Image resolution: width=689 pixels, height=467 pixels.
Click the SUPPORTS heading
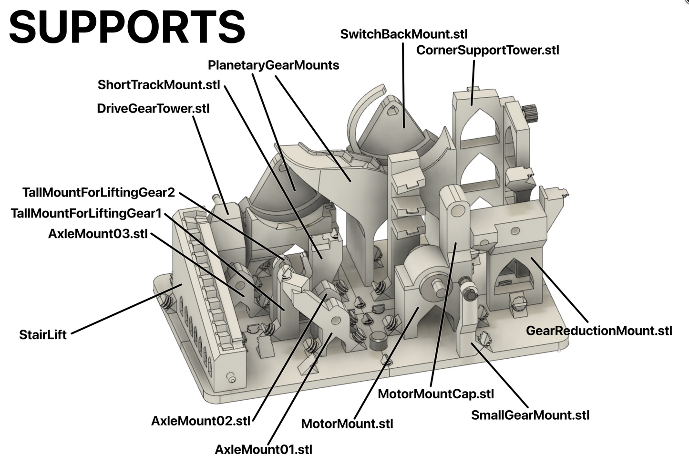[x=127, y=27]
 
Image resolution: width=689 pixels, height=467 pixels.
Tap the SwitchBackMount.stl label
[x=403, y=34]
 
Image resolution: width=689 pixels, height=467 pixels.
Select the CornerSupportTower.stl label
[x=487, y=50]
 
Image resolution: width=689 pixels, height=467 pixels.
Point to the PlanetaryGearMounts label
[x=273, y=65]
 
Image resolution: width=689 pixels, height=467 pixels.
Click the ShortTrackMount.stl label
[x=159, y=85]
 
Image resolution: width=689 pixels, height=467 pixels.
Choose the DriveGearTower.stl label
[x=153, y=108]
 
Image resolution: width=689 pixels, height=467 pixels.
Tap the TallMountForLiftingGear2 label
[x=99, y=193]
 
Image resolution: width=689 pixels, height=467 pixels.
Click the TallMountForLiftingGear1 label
[x=86, y=213]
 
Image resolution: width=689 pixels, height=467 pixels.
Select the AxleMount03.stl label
[x=98, y=234]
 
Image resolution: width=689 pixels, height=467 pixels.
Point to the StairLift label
[x=43, y=334]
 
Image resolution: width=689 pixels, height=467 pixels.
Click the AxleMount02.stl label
[x=200, y=421]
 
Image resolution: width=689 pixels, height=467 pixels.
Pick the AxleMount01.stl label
[x=263, y=449]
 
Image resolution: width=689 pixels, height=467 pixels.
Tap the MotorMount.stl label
[x=347, y=424]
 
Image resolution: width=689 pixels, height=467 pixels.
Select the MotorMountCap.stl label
[x=435, y=394]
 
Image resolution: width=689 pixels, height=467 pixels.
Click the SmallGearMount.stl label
[x=530, y=415]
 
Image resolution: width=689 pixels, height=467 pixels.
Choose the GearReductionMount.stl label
[x=599, y=331]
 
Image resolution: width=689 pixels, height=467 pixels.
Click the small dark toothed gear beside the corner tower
[x=530, y=114]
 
